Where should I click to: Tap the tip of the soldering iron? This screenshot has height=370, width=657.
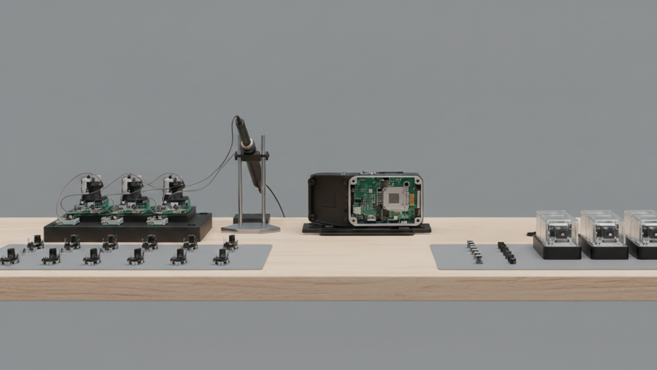[x=260, y=189]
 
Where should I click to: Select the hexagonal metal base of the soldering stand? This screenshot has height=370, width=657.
[x=251, y=228]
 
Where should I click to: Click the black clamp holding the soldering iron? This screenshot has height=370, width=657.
[x=251, y=156]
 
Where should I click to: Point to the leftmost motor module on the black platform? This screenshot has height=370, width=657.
[x=92, y=191]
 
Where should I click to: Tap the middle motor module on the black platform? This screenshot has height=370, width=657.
[x=132, y=191]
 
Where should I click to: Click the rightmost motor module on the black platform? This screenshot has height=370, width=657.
[x=174, y=191]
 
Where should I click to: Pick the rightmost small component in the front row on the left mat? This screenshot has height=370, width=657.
[x=221, y=256]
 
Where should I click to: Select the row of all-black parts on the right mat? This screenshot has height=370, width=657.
[x=506, y=252]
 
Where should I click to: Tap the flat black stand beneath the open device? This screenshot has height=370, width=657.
[x=367, y=229]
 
